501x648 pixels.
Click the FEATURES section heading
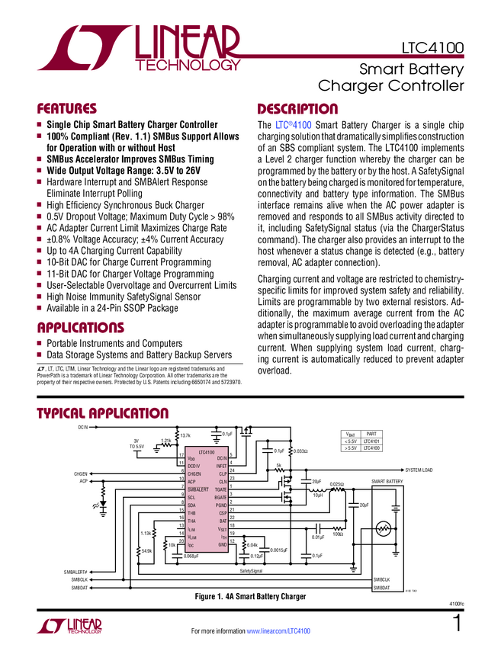tap(67, 108)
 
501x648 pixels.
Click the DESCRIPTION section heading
tap(297, 108)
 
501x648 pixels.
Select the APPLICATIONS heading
tap(81, 327)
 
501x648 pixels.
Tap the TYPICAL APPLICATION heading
tap(103, 413)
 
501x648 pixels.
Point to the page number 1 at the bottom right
tap(458, 623)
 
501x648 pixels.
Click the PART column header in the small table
tap(371, 433)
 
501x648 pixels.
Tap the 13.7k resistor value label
tap(185, 435)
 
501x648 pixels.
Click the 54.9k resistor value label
tap(147, 550)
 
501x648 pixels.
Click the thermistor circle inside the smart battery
tap(385, 527)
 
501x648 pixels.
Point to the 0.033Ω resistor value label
tap(300, 451)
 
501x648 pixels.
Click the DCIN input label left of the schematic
tap(83, 427)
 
